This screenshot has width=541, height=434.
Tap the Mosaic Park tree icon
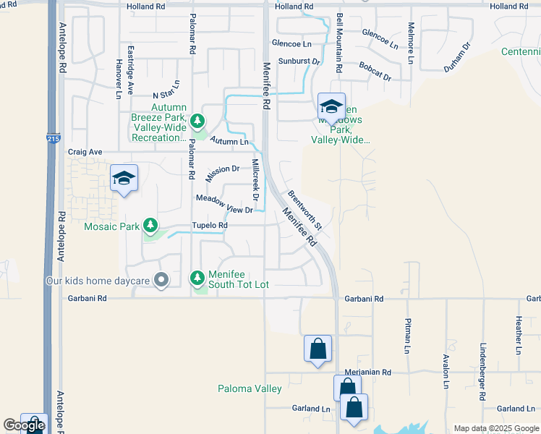pyautogui.click(x=150, y=226)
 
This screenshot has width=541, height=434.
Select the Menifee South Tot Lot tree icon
pyautogui.click(x=197, y=278)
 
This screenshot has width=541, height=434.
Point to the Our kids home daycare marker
pyautogui.click(x=161, y=279)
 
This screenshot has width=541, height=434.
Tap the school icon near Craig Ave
pyautogui.click(x=124, y=178)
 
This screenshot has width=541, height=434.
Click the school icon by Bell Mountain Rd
pyautogui.click(x=331, y=106)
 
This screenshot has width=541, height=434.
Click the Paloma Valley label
pyautogui.click(x=250, y=389)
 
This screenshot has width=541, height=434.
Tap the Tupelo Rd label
pyautogui.click(x=210, y=226)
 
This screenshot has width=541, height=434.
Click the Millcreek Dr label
pyautogui.click(x=255, y=179)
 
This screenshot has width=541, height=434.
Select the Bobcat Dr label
pyautogui.click(x=375, y=71)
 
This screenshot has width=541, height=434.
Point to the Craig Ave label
pyautogui.click(x=85, y=153)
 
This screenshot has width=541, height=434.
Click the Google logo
pyautogui.click(x=24, y=425)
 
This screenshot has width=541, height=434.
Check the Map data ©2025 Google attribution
pyautogui.click(x=495, y=428)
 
